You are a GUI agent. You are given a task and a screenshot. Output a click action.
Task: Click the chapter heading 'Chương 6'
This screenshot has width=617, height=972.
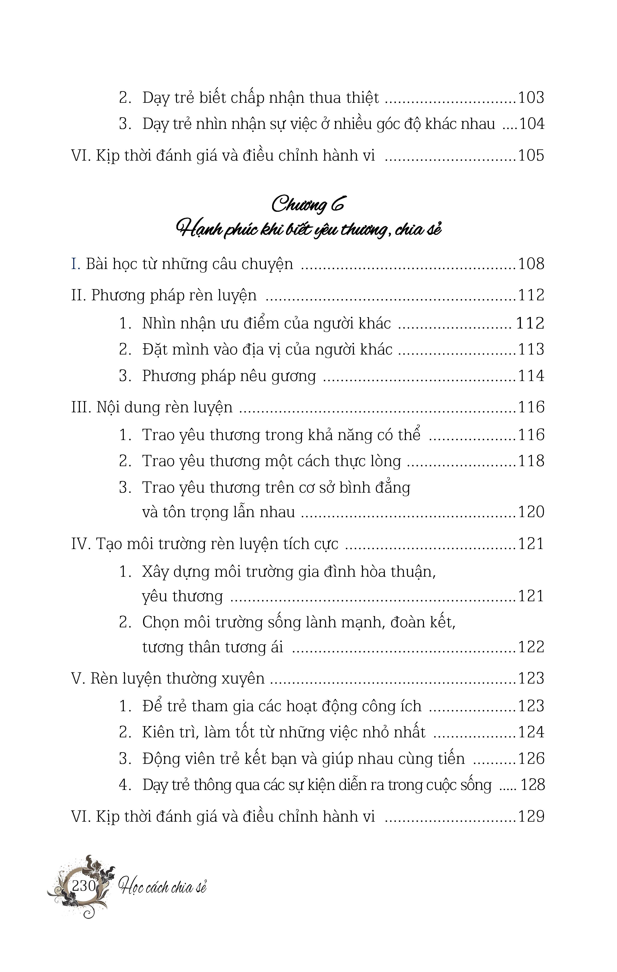[308, 204]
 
